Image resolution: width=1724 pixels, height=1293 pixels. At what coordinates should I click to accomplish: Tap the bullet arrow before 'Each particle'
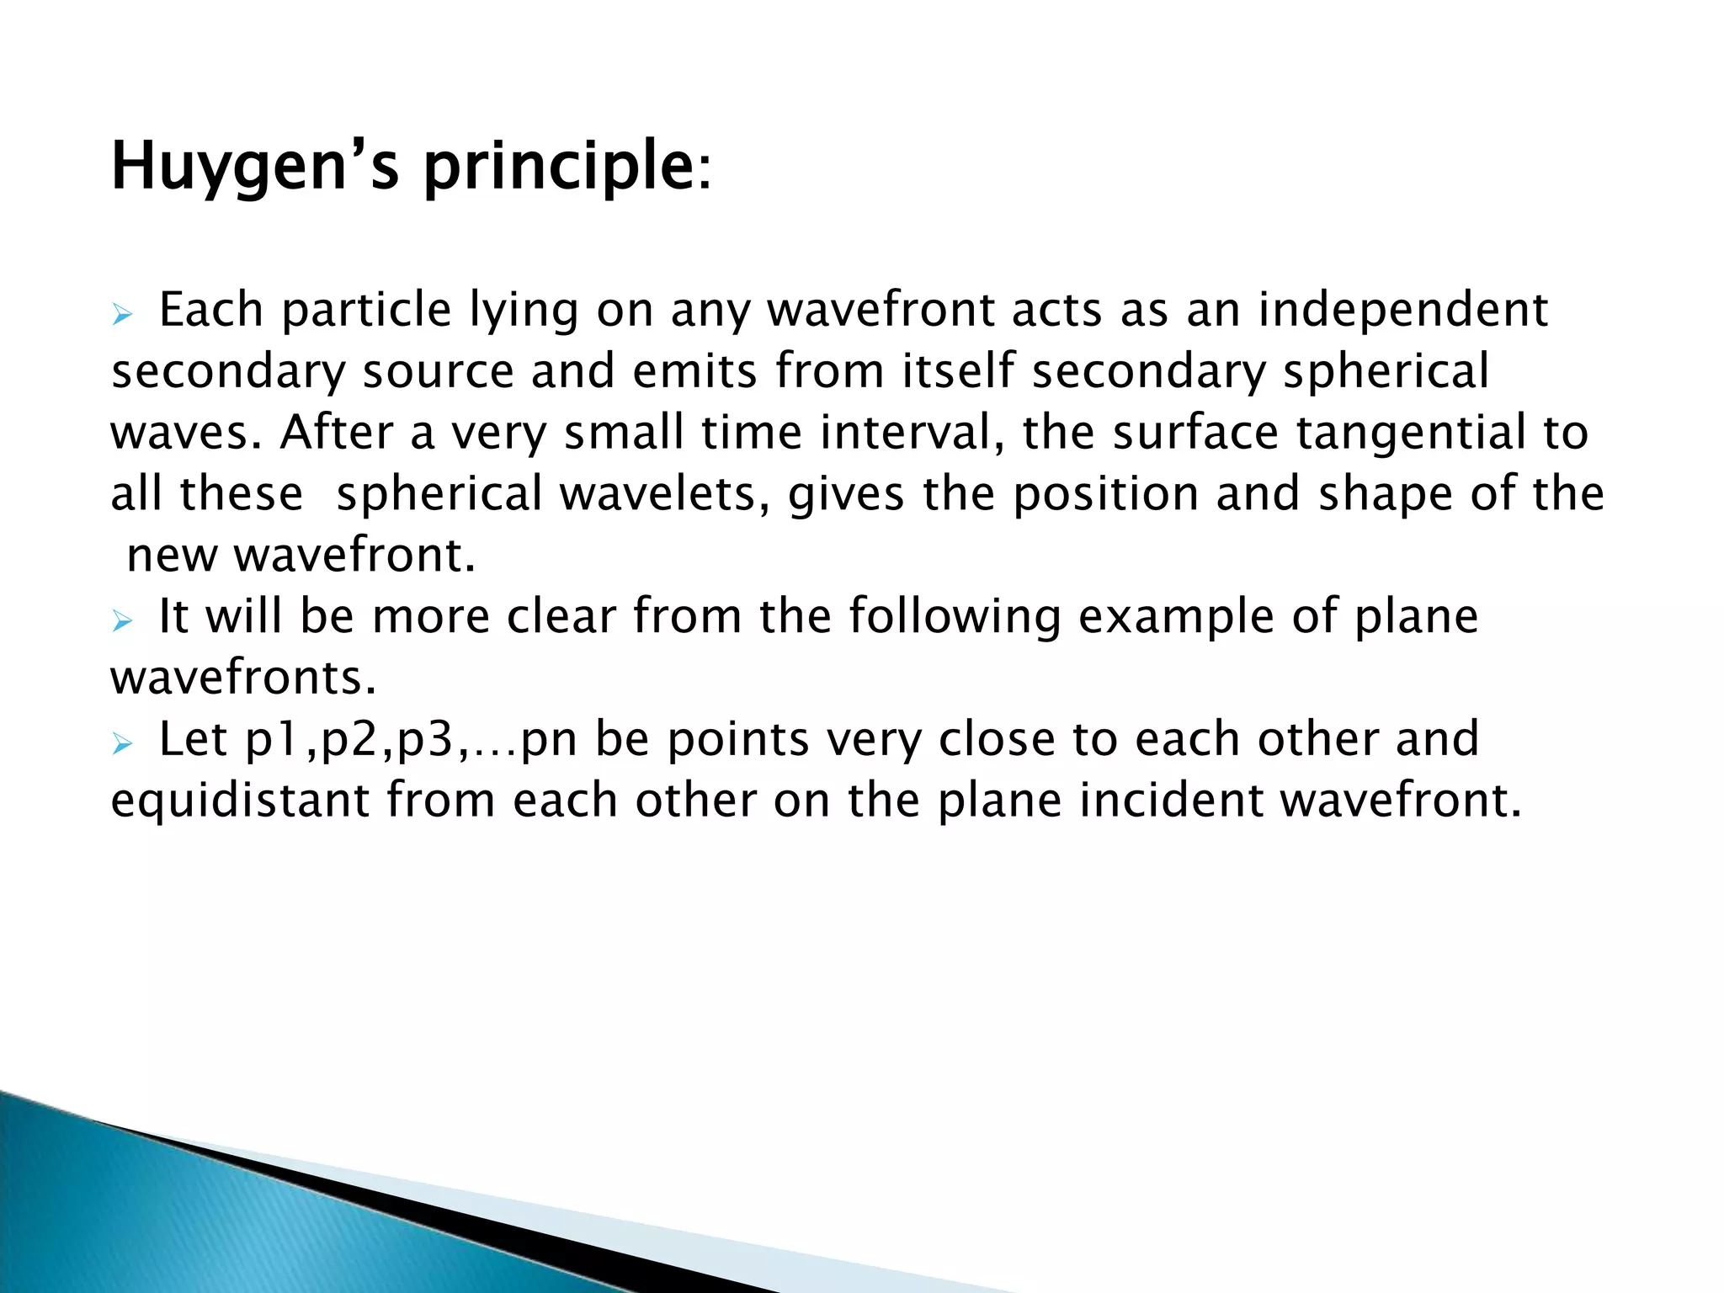click(123, 316)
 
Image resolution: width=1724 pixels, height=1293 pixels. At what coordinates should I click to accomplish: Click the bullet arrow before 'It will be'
click(123, 622)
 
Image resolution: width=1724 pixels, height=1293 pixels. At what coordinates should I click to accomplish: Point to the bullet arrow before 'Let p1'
click(123, 744)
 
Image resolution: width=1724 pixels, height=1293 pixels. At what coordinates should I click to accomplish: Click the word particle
click(366, 311)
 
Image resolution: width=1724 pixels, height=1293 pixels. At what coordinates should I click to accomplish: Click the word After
click(337, 433)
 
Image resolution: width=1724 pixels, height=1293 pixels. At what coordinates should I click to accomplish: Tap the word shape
click(1385, 496)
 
